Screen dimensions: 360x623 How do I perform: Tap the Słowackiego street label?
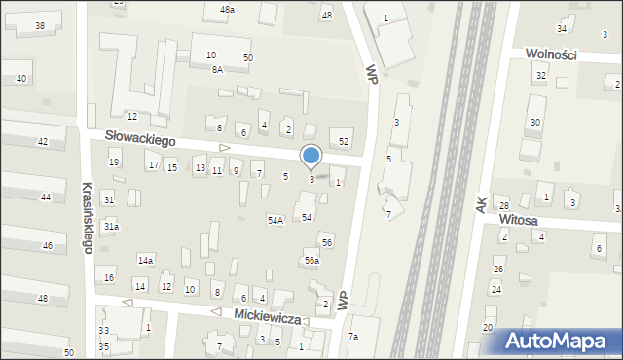point(141,141)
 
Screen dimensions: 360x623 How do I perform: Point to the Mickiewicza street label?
point(265,316)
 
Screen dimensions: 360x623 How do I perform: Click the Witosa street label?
point(519,221)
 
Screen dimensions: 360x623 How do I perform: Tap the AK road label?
point(481,204)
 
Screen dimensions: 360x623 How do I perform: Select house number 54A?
point(275,221)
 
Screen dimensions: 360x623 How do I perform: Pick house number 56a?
point(311,261)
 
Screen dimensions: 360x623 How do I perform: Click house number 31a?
point(112,227)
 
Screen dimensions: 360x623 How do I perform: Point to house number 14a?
point(145,261)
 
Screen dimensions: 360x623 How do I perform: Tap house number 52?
point(343,142)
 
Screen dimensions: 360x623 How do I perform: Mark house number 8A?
point(217,70)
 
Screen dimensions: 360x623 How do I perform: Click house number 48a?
point(227,9)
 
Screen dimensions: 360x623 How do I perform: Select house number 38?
point(39,25)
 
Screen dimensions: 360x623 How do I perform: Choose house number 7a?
point(354,337)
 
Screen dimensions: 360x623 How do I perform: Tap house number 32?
point(540,75)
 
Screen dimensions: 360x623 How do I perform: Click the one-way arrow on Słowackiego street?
point(224,148)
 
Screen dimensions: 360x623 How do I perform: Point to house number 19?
point(114,162)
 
